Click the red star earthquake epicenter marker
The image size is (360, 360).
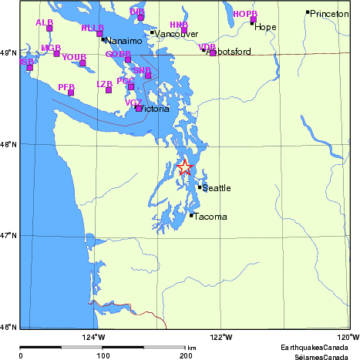click(185, 167)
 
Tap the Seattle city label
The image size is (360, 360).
click(217, 188)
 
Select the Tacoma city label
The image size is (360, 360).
click(210, 217)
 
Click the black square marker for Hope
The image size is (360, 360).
click(252, 22)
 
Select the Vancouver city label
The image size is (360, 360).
click(177, 34)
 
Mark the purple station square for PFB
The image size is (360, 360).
click(71, 93)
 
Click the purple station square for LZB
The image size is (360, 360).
click(109, 90)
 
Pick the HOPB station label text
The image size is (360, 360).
click(244, 14)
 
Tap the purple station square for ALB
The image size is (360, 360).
click(49, 29)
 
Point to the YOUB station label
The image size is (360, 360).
click(73, 57)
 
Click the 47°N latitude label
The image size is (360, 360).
click(8, 235)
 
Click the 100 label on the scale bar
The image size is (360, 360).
click(102, 356)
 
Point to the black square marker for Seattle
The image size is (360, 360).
click(200, 187)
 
